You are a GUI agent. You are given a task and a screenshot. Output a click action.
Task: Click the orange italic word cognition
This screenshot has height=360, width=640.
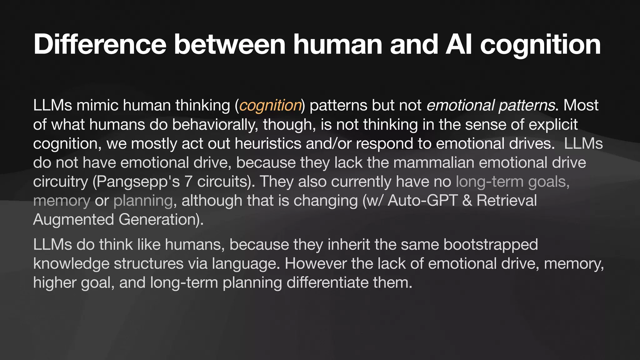point(270,105)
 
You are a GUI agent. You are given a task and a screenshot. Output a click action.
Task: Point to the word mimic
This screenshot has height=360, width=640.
point(97,105)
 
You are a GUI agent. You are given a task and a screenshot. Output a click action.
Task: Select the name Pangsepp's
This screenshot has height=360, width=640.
point(136,182)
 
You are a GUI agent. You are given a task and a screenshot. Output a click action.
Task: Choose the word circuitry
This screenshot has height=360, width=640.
point(60,182)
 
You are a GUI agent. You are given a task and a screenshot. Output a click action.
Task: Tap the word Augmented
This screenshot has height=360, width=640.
point(73,219)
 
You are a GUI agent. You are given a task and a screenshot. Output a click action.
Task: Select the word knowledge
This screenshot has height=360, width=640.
point(71,263)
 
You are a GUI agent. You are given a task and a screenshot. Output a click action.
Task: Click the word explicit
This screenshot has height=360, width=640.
point(553,124)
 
